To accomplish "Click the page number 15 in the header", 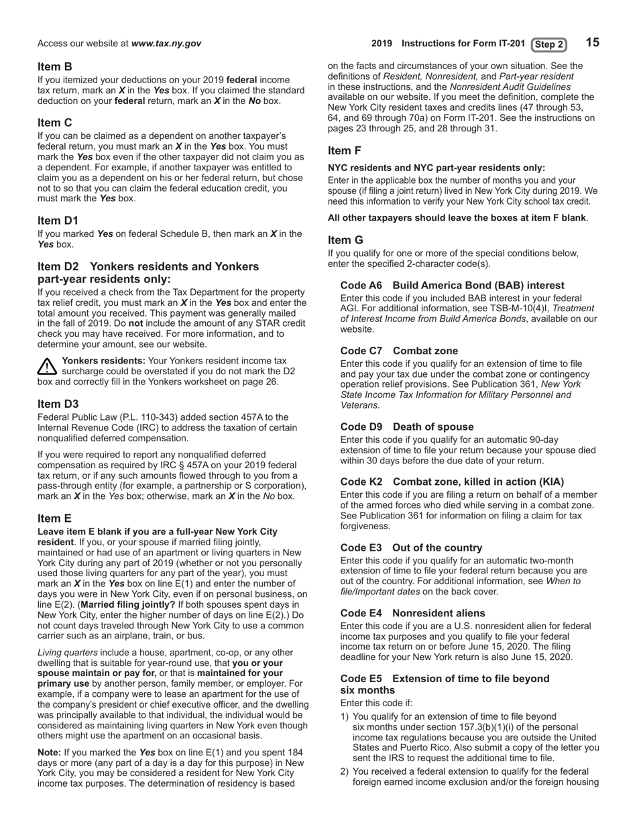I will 592,43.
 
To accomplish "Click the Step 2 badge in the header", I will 548,44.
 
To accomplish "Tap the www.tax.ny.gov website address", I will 166,44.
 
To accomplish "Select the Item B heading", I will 55,66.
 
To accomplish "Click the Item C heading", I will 55,122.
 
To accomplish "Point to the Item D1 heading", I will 58,220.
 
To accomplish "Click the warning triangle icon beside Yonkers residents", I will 47,366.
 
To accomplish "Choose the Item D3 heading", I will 58,403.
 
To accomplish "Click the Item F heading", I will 345,151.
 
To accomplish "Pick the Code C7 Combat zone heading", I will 399,350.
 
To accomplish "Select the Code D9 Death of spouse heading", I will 406,427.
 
